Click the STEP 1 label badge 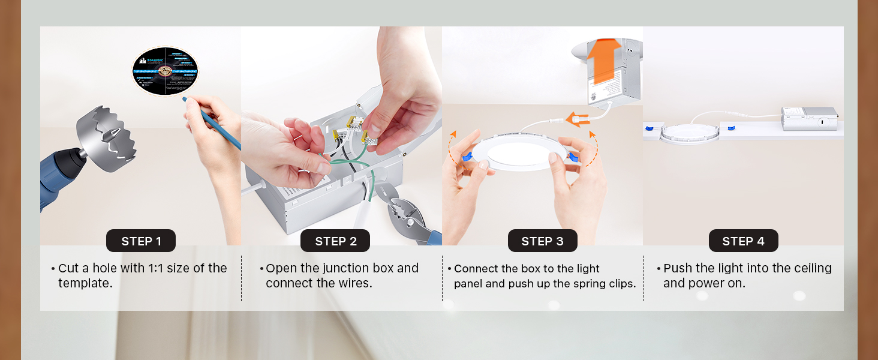tap(141, 241)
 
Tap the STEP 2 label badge tap(335, 241)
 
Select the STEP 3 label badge tap(542, 241)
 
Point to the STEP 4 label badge tap(743, 241)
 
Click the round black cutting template tap(165, 71)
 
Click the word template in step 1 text tap(85, 283)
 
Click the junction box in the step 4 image tap(809, 118)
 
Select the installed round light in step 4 tap(689, 133)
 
